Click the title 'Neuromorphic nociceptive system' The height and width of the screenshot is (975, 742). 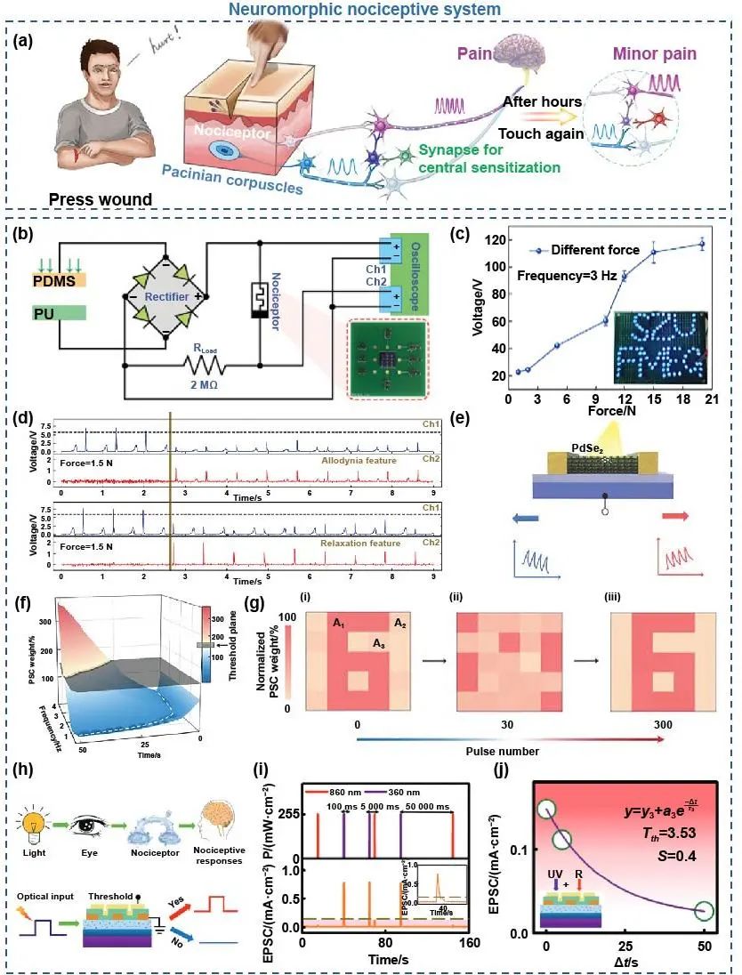tap(370, 10)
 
